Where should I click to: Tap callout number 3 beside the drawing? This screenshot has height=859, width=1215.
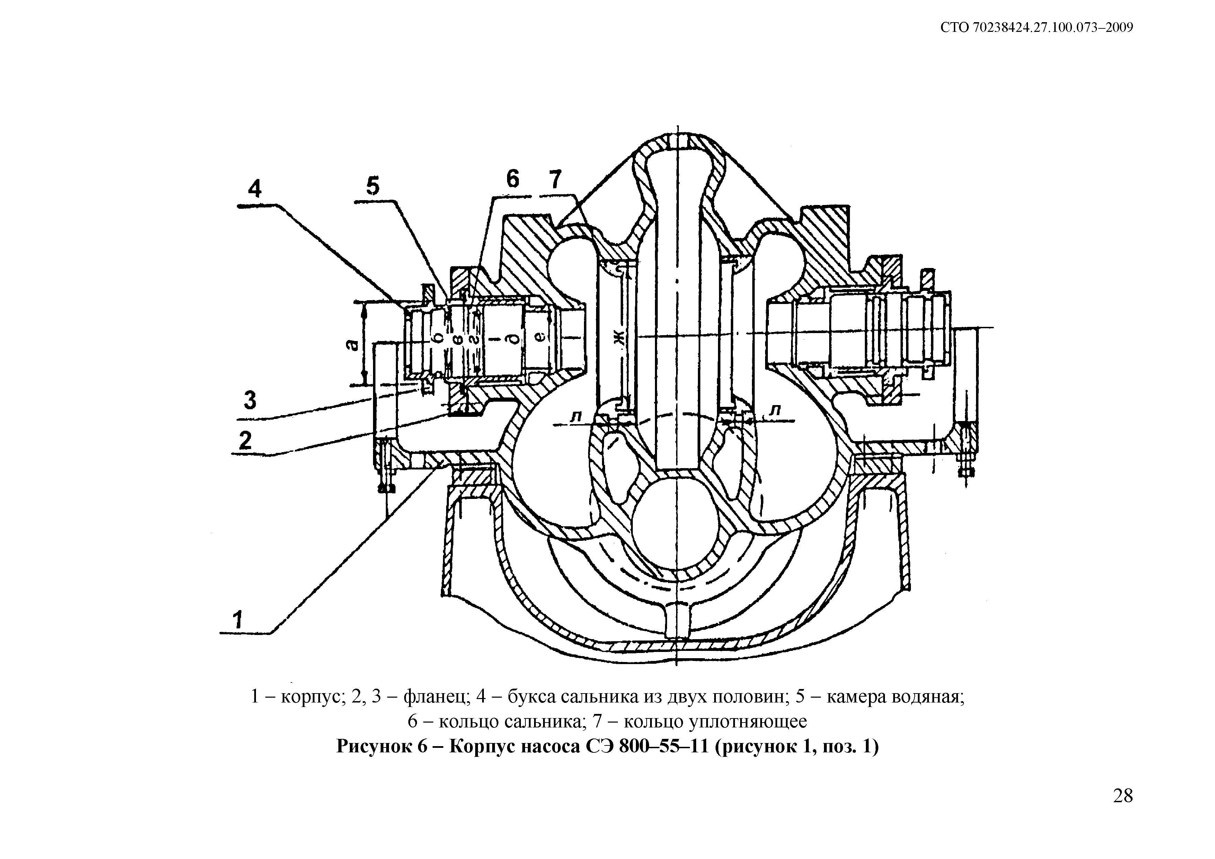(x=250, y=400)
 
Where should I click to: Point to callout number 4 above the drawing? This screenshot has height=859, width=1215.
(x=255, y=189)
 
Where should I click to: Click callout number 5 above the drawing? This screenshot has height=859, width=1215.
(x=373, y=186)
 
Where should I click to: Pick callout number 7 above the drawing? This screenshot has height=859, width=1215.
(x=555, y=180)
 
